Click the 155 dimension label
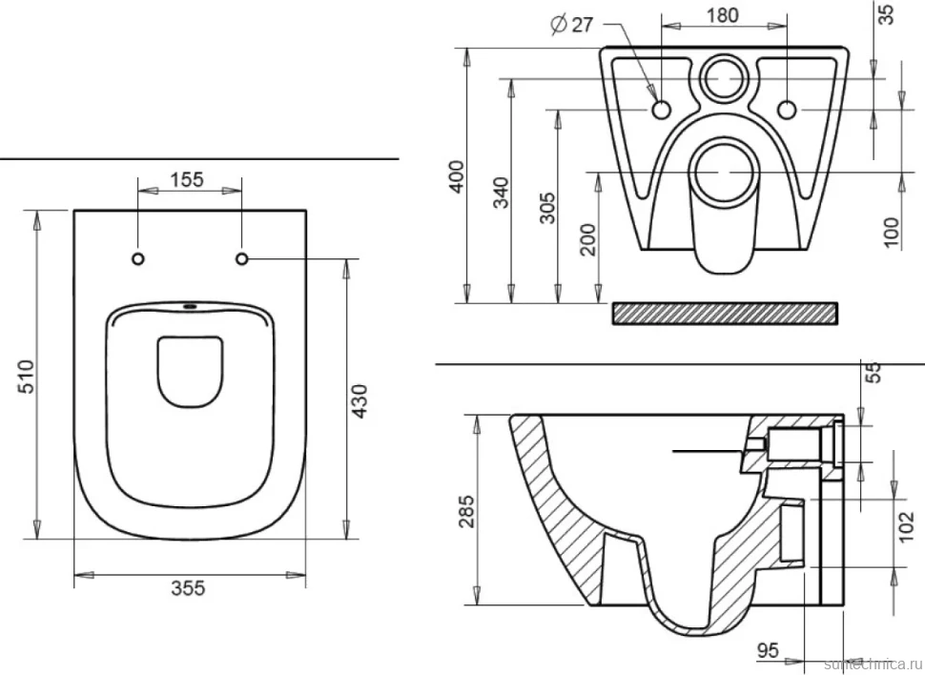click(187, 179)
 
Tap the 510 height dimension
click(27, 378)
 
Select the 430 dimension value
click(360, 401)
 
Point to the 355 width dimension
click(188, 587)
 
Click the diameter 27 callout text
click(571, 24)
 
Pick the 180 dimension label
click(723, 14)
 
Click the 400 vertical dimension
click(457, 176)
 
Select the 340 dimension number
click(501, 193)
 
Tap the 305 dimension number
click(547, 208)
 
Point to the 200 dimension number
click(587, 239)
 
